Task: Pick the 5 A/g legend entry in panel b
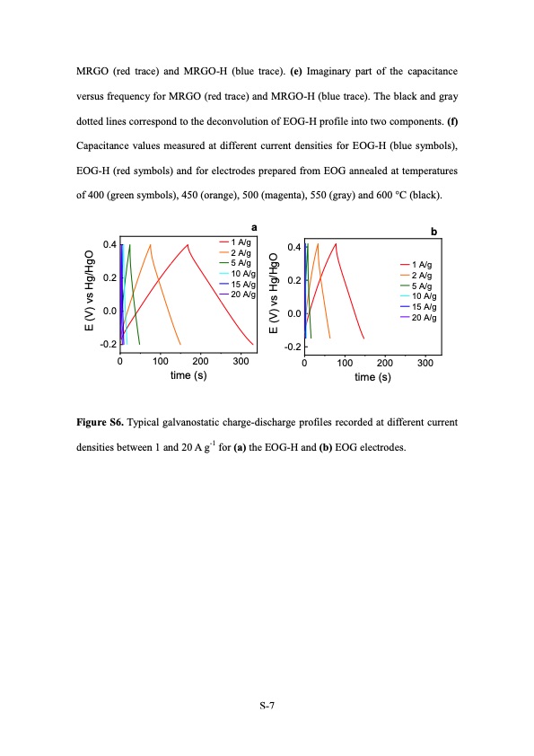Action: tap(422, 286)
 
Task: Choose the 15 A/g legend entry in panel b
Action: tap(422, 307)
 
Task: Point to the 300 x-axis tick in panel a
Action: tap(240, 362)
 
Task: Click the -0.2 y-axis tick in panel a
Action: tap(108, 345)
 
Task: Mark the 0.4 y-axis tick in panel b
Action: tap(292, 248)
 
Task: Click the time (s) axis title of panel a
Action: tap(188, 375)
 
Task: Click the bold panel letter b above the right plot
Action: tap(434, 232)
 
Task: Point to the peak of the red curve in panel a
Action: tap(188, 244)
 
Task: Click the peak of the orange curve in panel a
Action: tap(150, 244)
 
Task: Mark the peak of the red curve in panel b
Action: tap(336, 243)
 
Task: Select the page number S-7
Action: tap(267, 706)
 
